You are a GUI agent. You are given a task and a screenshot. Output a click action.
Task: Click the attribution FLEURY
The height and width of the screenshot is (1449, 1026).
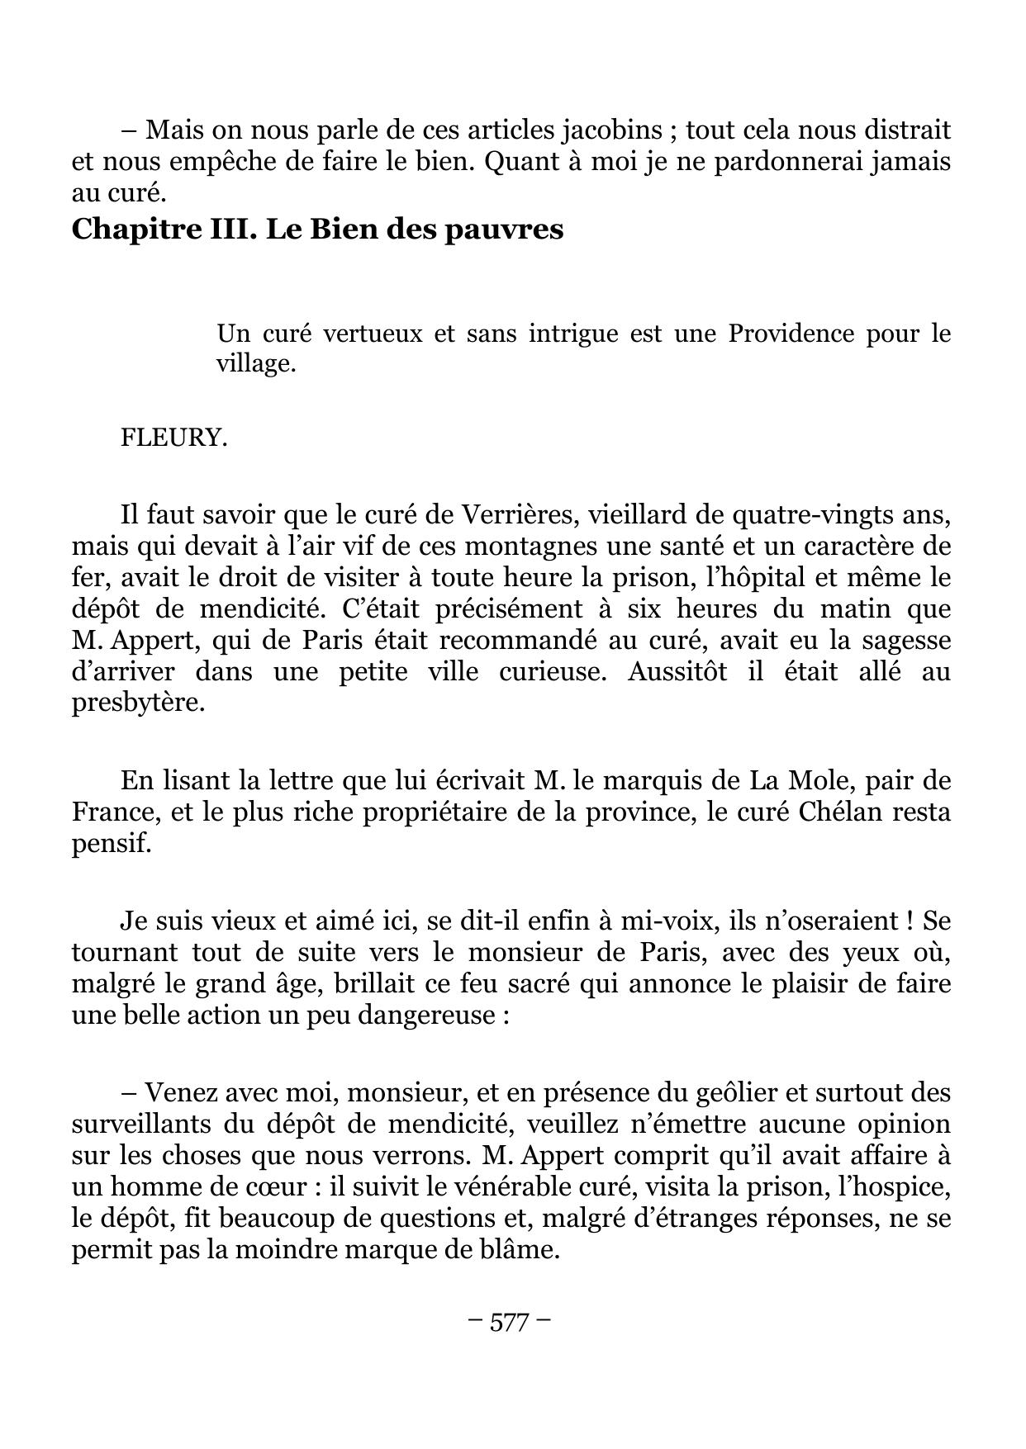[173, 437]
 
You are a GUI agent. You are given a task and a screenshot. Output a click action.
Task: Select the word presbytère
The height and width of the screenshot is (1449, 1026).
[137, 703]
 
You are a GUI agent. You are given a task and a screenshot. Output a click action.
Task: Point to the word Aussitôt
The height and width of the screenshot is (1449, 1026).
[677, 671]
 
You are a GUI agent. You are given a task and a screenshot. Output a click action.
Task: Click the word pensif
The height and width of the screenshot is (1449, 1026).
[112, 843]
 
